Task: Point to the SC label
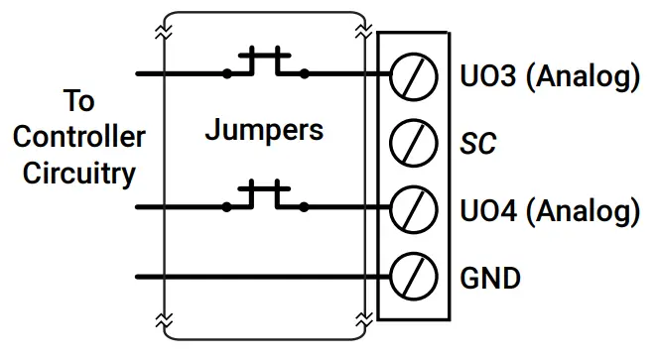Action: pyautogui.click(x=479, y=145)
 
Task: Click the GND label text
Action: pyautogui.click(x=490, y=278)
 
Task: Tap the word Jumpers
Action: pyautogui.click(x=264, y=130)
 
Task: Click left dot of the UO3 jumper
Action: pyautogui.click(x=228, y=73)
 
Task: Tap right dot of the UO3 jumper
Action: pyautogui.click(x=304, y=73)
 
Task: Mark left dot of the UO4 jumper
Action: pyautogui.click(x=228, y=208)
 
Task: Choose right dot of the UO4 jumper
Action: pyautogui.click(x=304, y=208)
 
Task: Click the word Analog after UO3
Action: pyautogui.click(x=579, y=76)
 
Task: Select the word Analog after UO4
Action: pyautogui.click(x=579, y=210)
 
